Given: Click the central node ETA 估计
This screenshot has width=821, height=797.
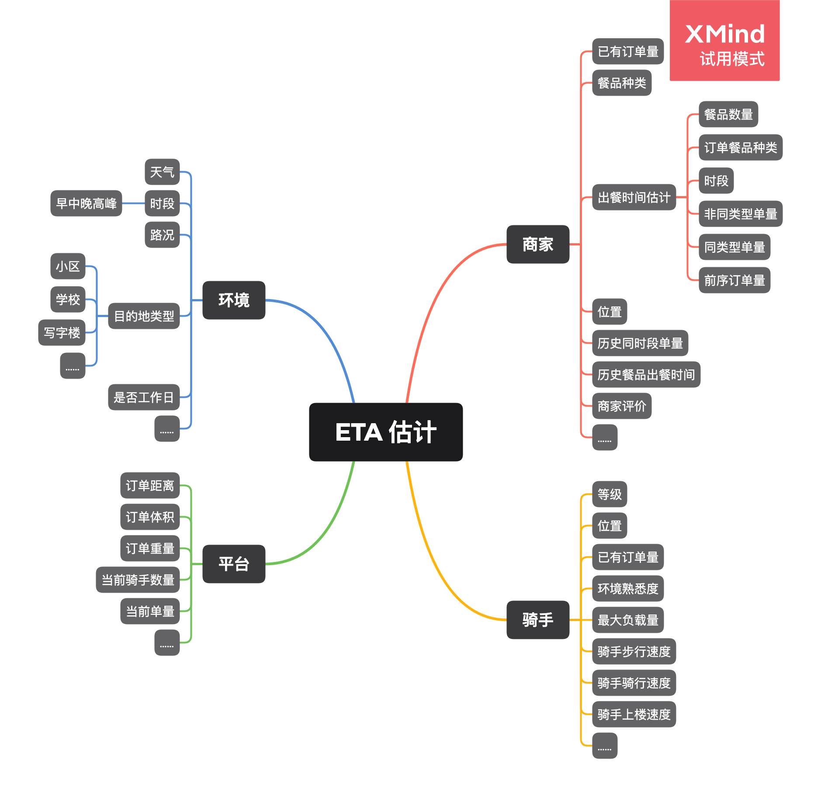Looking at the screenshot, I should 386,432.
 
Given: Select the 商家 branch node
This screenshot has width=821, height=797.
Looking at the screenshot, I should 538,244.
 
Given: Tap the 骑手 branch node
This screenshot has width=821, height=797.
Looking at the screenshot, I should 538,620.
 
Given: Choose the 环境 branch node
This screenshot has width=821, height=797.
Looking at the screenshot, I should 234,300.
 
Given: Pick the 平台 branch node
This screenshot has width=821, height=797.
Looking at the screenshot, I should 234,564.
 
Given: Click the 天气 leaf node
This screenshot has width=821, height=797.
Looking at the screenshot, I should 162,172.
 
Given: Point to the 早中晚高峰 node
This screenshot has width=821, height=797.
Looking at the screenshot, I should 86,203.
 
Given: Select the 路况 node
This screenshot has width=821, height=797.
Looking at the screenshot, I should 162,235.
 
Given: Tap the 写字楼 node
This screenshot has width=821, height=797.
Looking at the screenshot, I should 62,333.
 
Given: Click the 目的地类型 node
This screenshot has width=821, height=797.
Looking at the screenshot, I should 144,316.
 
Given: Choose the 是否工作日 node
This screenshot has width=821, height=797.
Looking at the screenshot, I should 144,397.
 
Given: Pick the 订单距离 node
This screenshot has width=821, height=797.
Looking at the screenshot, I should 150,485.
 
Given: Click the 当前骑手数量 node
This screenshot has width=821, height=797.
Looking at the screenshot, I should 138,580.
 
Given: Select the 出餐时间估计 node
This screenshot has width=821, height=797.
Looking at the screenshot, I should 634,197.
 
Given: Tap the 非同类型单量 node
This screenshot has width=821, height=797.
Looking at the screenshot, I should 741,214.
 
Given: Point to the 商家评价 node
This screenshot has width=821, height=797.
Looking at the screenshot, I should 622,406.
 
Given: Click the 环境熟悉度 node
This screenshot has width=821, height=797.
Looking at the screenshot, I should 628,588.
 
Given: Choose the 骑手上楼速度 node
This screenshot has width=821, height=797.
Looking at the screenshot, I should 634,714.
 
